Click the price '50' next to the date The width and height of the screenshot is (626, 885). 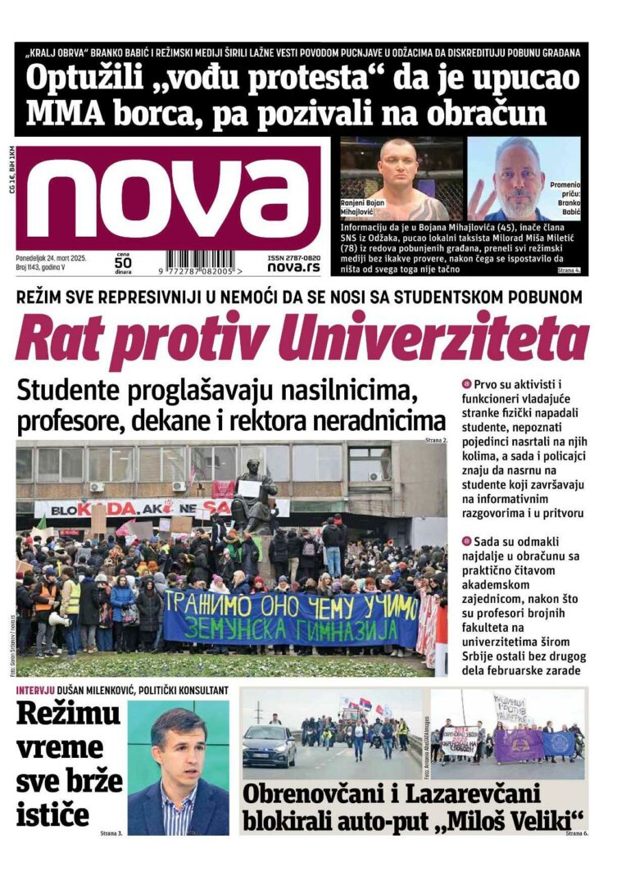[x=122, y=263]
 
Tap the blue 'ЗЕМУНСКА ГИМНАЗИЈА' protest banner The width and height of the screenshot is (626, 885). [x=291, y=617]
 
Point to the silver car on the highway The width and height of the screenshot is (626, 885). [x=268, y=745]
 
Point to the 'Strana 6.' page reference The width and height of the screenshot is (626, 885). [x=575, y=833]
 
